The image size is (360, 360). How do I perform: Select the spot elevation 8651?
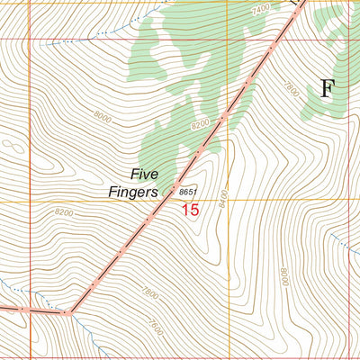coord(187,192)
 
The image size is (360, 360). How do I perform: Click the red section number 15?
coord(189,210)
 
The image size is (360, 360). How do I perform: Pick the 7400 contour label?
coord(261,9)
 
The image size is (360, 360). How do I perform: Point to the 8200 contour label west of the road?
coord(63,212)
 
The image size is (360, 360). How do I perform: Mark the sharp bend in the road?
coord(67,312)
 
